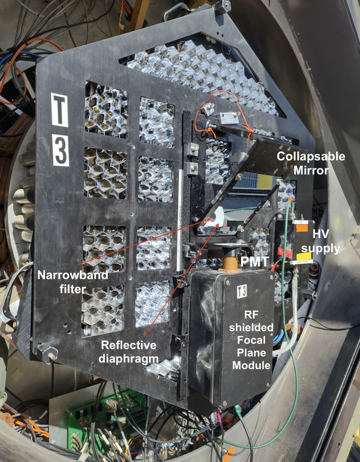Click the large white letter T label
click(59, 110)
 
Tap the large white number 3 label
click(61, 150)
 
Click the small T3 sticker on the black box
click(242, 292)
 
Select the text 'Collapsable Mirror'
click(310, 163)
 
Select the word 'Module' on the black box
click(251, 365)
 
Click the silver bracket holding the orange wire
click(228, 118)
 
